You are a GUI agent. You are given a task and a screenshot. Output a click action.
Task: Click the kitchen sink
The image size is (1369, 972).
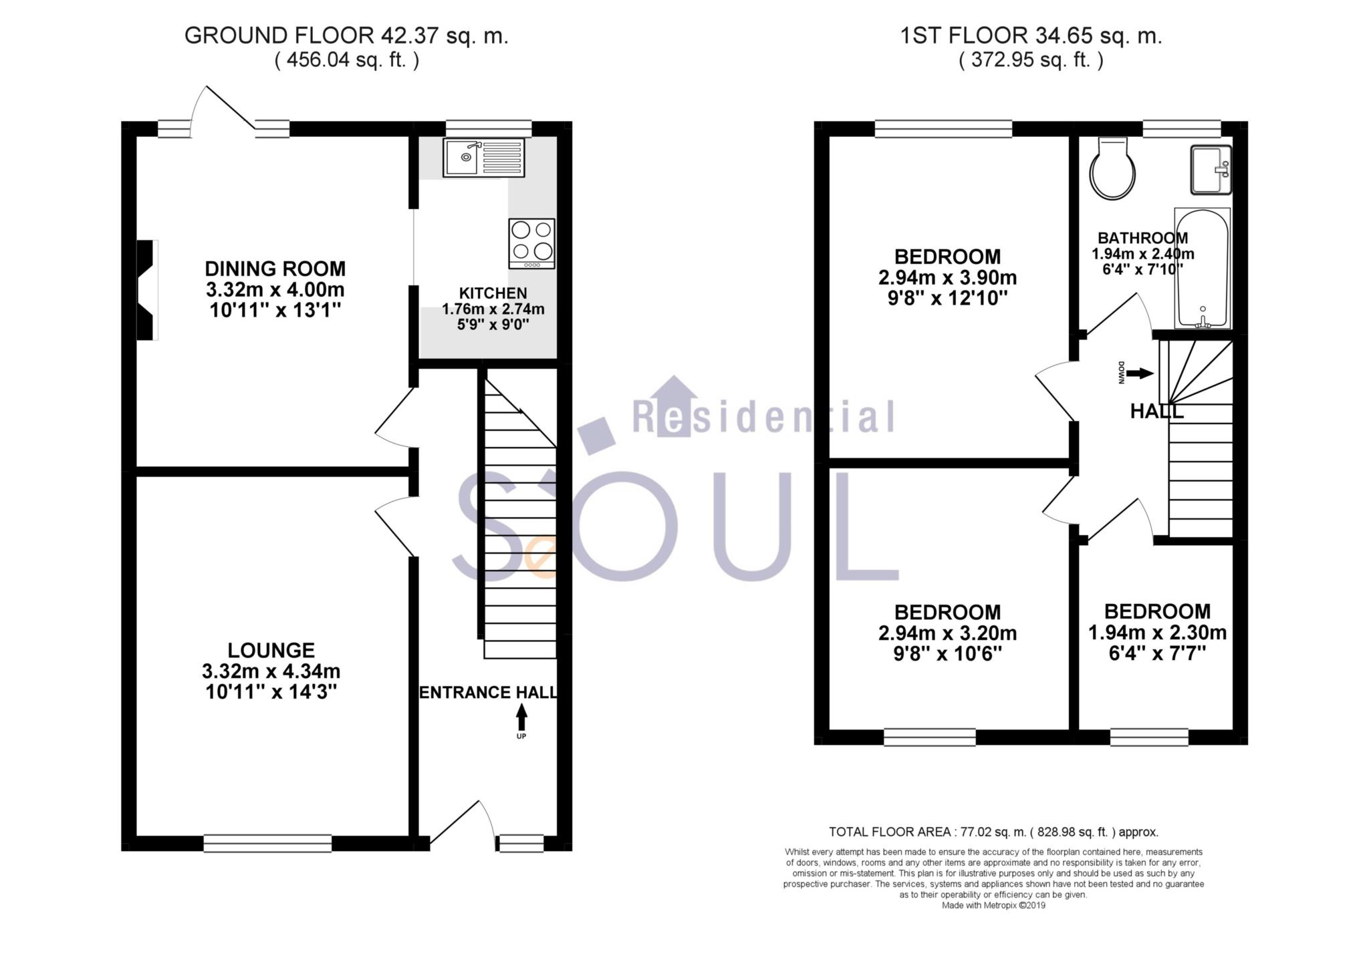tap(483, 158)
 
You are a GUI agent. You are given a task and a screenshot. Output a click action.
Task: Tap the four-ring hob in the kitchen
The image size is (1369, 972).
tap(531, 243)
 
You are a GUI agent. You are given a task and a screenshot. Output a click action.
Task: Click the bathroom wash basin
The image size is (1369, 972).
tap(1211, 170)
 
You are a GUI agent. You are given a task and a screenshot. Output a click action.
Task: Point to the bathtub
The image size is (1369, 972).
tap(1202, 269)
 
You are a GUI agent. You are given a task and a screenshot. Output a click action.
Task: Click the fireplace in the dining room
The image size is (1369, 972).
tap(147, 290)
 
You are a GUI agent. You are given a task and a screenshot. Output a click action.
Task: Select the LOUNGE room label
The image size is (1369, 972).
tap(271, 650)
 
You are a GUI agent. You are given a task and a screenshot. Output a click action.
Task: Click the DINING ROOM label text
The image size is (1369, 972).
tap(275, 269)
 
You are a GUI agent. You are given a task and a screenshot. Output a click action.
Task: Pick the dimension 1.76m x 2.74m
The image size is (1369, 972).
tap(493, 309)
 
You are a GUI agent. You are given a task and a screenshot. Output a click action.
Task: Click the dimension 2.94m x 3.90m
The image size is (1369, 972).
tap(947, 277)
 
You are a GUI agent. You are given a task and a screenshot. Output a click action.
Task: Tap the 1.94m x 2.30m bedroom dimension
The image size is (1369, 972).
tap(1157, 632)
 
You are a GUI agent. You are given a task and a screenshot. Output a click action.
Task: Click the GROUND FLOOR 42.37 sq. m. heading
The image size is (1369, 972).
tap(346, 36)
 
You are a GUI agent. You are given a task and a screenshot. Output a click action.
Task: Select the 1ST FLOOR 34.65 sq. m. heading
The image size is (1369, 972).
tap(1031, 36)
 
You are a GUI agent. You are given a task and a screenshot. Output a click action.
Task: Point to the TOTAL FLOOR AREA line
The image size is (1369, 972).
tap(993, 832)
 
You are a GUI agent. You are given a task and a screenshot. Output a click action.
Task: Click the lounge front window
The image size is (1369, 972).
tap(267, 843)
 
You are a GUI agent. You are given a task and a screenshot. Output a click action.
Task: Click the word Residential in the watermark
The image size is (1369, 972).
tap(763, 418)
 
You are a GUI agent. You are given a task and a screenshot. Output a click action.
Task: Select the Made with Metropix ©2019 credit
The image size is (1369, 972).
tap(993, 906)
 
